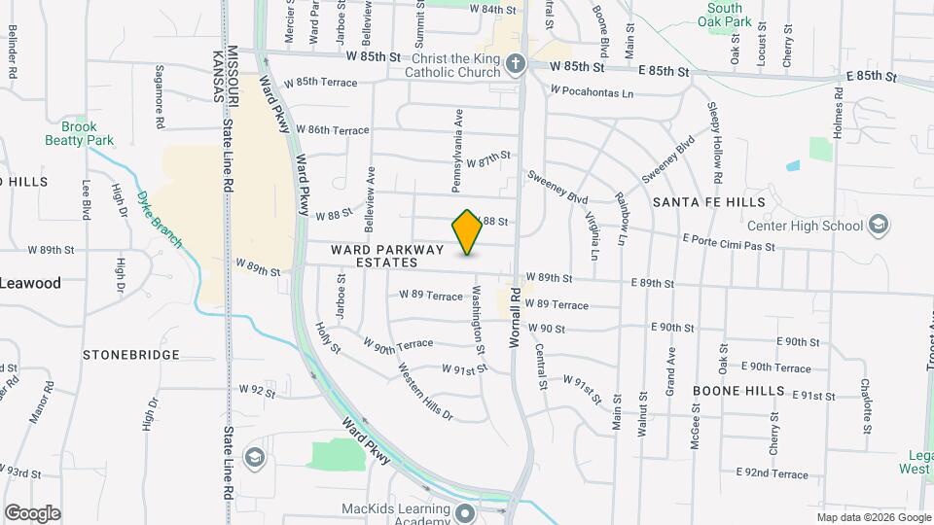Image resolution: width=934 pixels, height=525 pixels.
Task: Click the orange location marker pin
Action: coord(467,232)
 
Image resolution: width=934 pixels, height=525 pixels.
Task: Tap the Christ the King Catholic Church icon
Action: coord(516,65)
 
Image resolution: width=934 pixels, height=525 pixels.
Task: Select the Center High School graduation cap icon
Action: coord(879,227)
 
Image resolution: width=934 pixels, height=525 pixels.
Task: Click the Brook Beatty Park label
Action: coord(80,133)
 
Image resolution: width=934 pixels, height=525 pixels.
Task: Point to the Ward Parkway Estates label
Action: coord(374,256)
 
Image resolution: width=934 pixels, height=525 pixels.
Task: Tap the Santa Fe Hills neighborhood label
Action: coord(708,202)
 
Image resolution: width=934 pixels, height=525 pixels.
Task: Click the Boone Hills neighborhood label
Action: coord(738,390)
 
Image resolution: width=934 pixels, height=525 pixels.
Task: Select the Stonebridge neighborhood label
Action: coord(131,355)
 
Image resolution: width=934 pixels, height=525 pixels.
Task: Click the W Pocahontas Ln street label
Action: coord(591,92)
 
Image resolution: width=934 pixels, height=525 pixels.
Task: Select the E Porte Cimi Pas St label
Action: coord(729,242)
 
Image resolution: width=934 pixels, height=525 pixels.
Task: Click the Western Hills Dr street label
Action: coord(425,391)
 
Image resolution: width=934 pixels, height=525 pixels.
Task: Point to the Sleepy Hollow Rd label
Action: coord(715,143)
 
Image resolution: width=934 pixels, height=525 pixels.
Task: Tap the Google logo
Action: coord(32,513)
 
